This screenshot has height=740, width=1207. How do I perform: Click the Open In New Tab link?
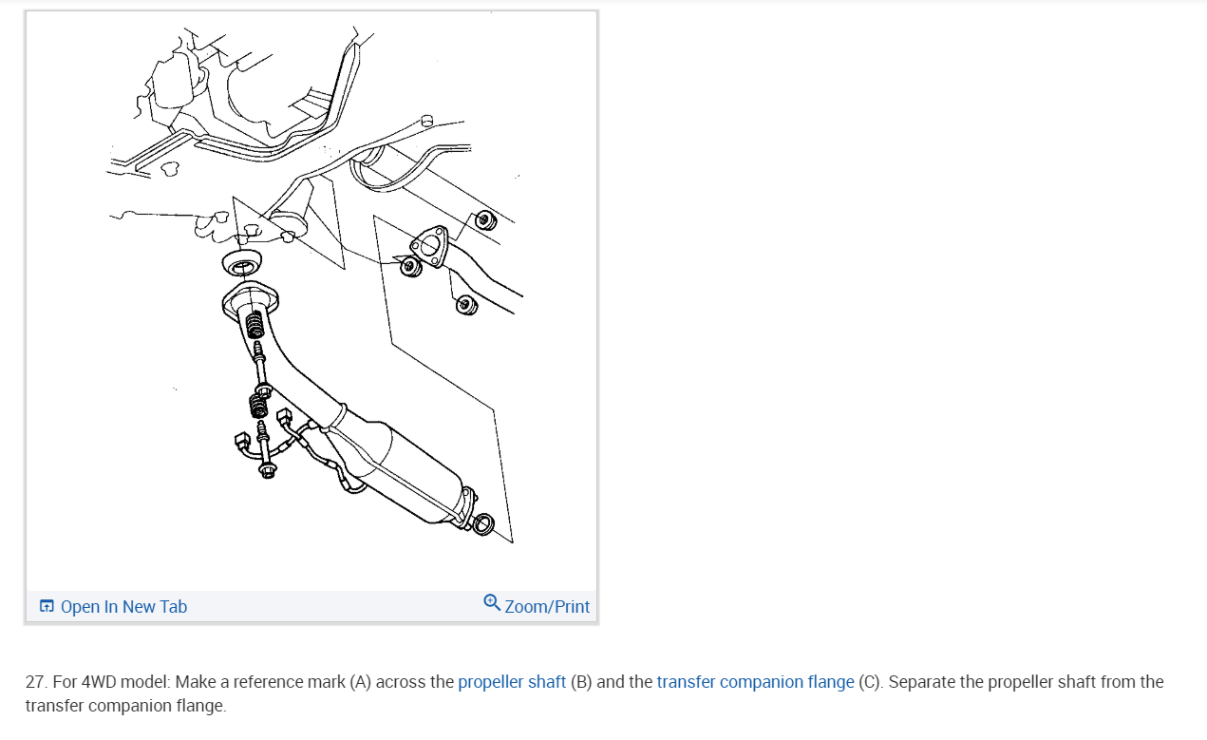(x=123, y=606)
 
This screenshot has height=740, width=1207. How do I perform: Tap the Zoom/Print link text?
(x=547, y=606)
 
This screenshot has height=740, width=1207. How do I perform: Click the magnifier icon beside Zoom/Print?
(x=492, y=602)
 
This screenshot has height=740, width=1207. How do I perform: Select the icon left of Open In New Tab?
(x=47, y=606)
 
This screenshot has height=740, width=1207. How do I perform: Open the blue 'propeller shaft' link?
(x=512, y=682)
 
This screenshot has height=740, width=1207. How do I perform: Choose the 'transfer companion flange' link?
(x=756, y=682)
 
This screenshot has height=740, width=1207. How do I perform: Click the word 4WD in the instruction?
(x=99, y=682)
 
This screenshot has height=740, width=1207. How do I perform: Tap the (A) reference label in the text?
(x=361, y=682)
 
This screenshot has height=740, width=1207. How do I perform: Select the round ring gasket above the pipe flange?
(x=242, y=263)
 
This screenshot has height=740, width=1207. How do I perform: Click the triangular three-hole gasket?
(x=429, y=246)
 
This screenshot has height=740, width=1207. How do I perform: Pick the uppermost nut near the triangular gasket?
(x=485, y=220)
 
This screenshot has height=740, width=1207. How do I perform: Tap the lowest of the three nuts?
(x=466, y=305)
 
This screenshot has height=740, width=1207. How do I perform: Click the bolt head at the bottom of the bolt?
(x=267, y=470)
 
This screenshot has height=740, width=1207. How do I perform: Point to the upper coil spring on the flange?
(x=255, y=325)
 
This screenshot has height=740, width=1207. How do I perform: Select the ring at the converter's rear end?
(x=482, y=523)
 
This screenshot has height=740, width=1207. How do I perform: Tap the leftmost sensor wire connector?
(x=242, y=441)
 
